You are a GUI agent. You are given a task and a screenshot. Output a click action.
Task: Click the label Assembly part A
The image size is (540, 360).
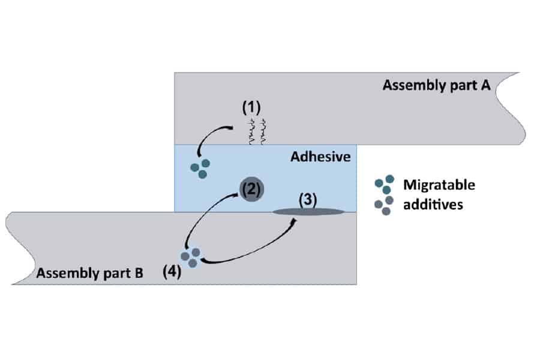point(437,85)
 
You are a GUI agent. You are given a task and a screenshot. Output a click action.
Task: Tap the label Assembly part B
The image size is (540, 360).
point(89,274)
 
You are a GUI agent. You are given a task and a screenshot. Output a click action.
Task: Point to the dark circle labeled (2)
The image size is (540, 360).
point(251,189)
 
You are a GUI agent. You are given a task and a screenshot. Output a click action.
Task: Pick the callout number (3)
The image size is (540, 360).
point(308,199)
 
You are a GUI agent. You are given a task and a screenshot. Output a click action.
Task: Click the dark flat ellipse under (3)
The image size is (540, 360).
point(308,211)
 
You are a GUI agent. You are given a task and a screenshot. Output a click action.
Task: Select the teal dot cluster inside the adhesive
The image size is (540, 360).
point(200,167)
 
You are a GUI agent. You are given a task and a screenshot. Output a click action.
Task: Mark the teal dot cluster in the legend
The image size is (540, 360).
point(384,184)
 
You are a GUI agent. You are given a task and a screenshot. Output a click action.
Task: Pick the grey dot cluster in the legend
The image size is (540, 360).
point(384,205)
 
